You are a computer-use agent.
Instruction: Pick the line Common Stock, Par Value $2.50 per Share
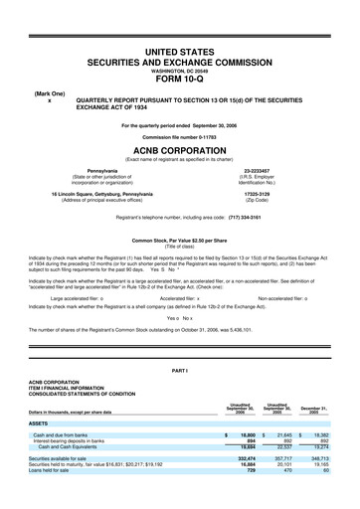point(180,268)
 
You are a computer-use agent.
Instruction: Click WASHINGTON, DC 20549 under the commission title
point(180,72)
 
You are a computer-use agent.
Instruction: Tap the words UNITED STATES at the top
point(180,51)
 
